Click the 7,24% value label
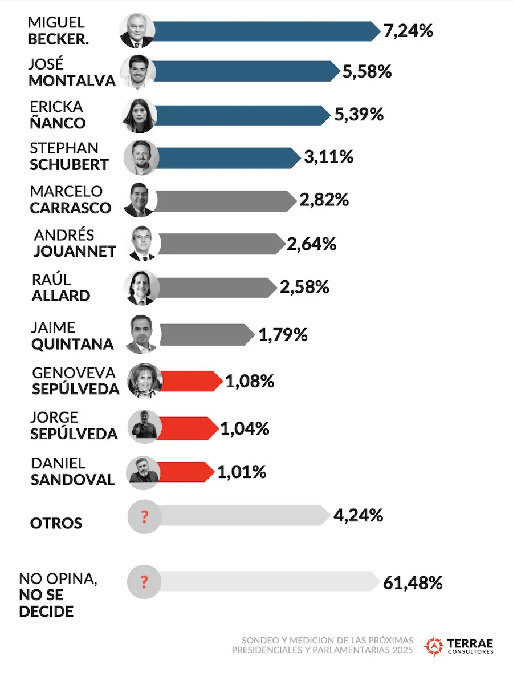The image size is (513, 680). pos(408,30)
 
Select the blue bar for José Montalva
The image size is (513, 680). pos(245,71)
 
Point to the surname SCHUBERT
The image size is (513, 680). pos(69,165)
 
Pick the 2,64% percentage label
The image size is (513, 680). pos(311,244)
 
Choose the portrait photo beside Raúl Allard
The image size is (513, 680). pos(140,287)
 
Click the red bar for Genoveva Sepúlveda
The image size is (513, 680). pos(191,381)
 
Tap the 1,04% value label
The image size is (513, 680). pos(245,428)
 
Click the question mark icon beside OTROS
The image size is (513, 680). pos(144,517)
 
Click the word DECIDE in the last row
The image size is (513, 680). pos(46,612)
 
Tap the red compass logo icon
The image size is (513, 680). pos(434,645)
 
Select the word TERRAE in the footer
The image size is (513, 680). pos(471,641)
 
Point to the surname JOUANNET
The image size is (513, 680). pos(75,251)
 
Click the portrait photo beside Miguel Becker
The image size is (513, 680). pos(137,30)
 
